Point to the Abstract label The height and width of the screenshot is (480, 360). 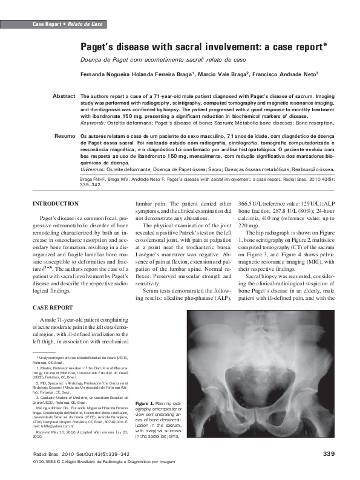64,96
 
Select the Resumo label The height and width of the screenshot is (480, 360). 64,137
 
